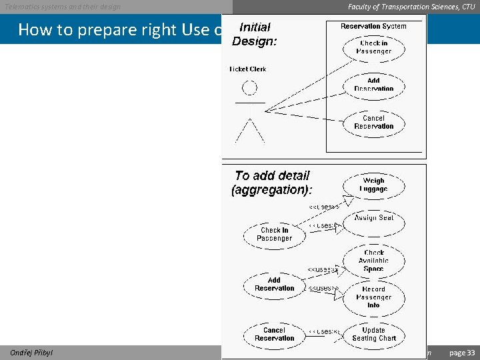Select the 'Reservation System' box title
(x=373, y=27)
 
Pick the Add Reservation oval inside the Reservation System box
(x=373, y=85)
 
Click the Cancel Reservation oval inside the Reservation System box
(x=373, y=122)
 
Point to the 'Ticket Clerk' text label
(x=248, y=69)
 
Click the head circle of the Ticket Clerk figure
(x=249, y=87)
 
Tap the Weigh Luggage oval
(x=373, y=185)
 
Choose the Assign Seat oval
(x=374, y=218)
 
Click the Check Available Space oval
(x=373, y=261)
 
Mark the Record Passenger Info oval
(x=373, y=297)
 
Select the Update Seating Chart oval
(x=373, y=334)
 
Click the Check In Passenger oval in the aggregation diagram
(x=274, y=234)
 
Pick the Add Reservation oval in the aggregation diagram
(x=274, y=284)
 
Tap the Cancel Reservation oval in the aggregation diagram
(x=274, y=334)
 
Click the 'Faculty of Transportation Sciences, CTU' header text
(x=411, y=7)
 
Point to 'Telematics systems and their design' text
(x=63, y=7)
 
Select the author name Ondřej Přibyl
(x=31, y=353)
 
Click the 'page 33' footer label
(x=462, y=353)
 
